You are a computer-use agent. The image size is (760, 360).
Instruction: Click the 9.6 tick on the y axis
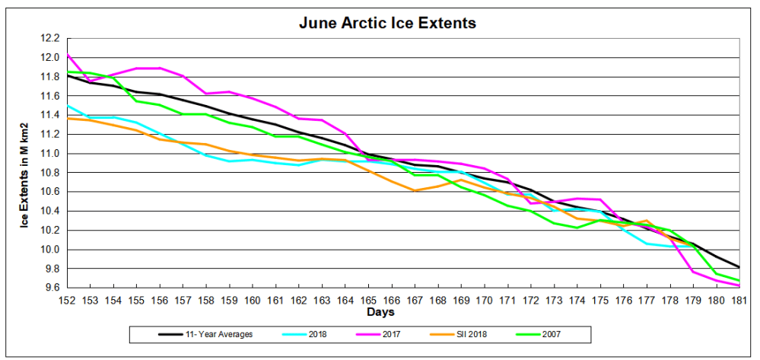point(50,288)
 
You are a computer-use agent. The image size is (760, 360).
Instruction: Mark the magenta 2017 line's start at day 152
point(67,54)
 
